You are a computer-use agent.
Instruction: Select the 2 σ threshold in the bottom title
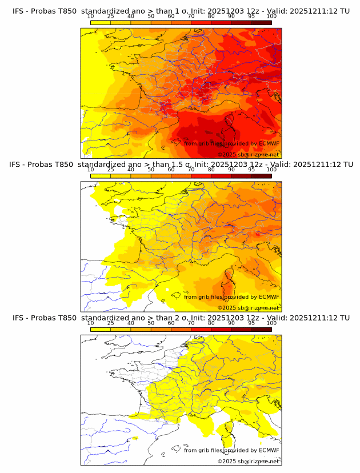click(x=185, y=318)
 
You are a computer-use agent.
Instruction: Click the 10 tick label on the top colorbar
click(x=90, y=16)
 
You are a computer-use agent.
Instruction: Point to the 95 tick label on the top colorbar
click(x=251, y=16)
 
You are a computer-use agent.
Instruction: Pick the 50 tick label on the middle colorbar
click(x=151, y=170)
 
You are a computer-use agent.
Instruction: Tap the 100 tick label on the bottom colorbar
click(x=271, y=323)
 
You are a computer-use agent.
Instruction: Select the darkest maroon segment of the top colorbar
click(x=261, y=22)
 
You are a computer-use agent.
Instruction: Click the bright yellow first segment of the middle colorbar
click(x=101, y=175)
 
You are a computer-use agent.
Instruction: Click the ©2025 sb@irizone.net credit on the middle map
click(x=248, y=308)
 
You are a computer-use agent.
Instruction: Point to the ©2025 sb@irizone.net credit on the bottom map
click(x=248, y=461)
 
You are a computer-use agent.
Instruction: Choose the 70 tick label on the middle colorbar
click(x=191, y=170)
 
